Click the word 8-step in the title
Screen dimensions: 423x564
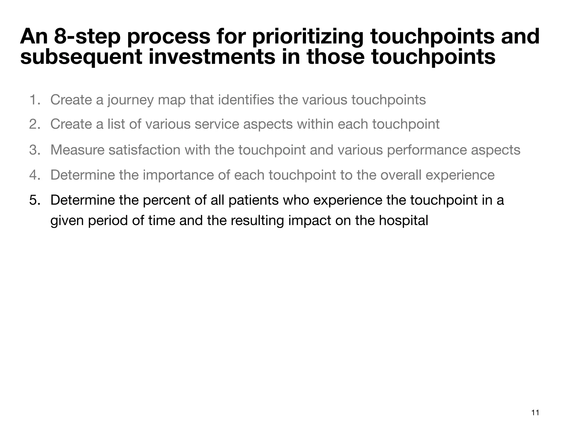pos(87,36)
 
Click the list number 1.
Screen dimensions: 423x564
pos(35,100)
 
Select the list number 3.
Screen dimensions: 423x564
pos(35,150)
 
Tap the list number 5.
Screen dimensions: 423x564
pos(35,200)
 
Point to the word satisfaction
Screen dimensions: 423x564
pos(144,150)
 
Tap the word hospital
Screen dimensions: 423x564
pos(403,221)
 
